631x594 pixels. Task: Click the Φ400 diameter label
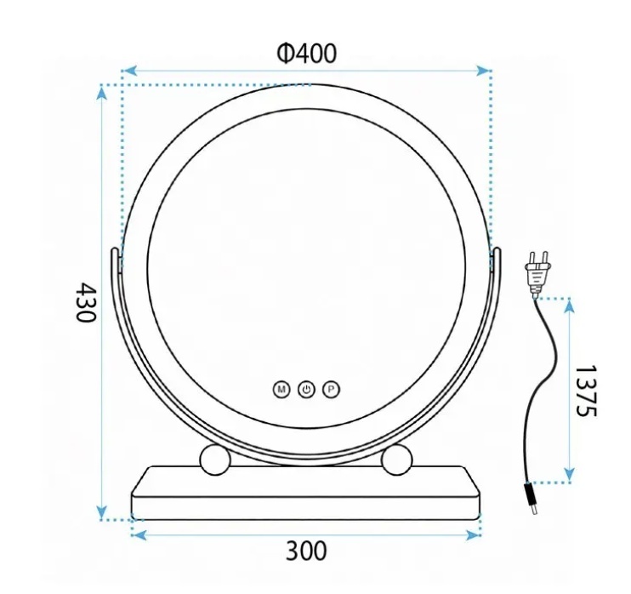coord(306,54)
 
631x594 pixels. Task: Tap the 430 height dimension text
coord(86,302)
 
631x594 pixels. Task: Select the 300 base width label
coord(306,551)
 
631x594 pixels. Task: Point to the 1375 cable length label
coord(586,391)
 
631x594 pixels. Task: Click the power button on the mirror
coord(306,390)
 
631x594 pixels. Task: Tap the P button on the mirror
coord(331,390)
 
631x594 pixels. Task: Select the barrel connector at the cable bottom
coord(531,499)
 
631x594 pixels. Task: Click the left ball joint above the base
coord(215,460)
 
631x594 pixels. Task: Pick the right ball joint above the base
coord(397,460)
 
